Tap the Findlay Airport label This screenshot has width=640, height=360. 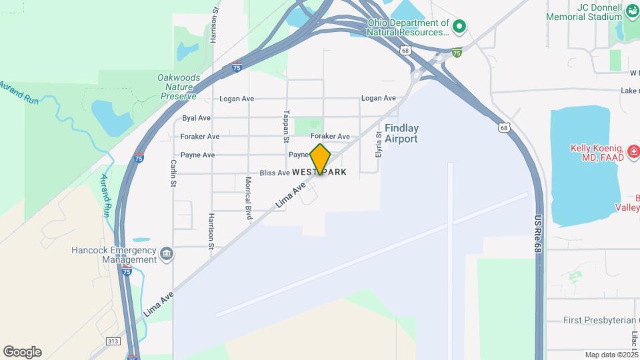[x=401, y=133]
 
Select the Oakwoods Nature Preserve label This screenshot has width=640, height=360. [x=177, y=87]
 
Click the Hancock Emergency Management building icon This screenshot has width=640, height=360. [x=167, y=253]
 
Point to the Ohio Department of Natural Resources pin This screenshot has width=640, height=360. [x=459, y=27]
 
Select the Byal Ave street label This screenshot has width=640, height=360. [x=196, y=118]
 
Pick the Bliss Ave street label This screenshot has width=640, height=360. [x=275, y=173]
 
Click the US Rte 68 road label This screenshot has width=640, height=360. [x=537, y=233]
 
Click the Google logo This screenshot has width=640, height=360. [x=22, y=352]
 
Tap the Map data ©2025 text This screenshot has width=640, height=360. [x=610, y=355]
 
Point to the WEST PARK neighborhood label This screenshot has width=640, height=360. [x=319, y=172]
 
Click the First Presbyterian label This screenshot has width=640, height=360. [x=601, y=321]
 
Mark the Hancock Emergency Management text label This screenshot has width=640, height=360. [x=113, y=255]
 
